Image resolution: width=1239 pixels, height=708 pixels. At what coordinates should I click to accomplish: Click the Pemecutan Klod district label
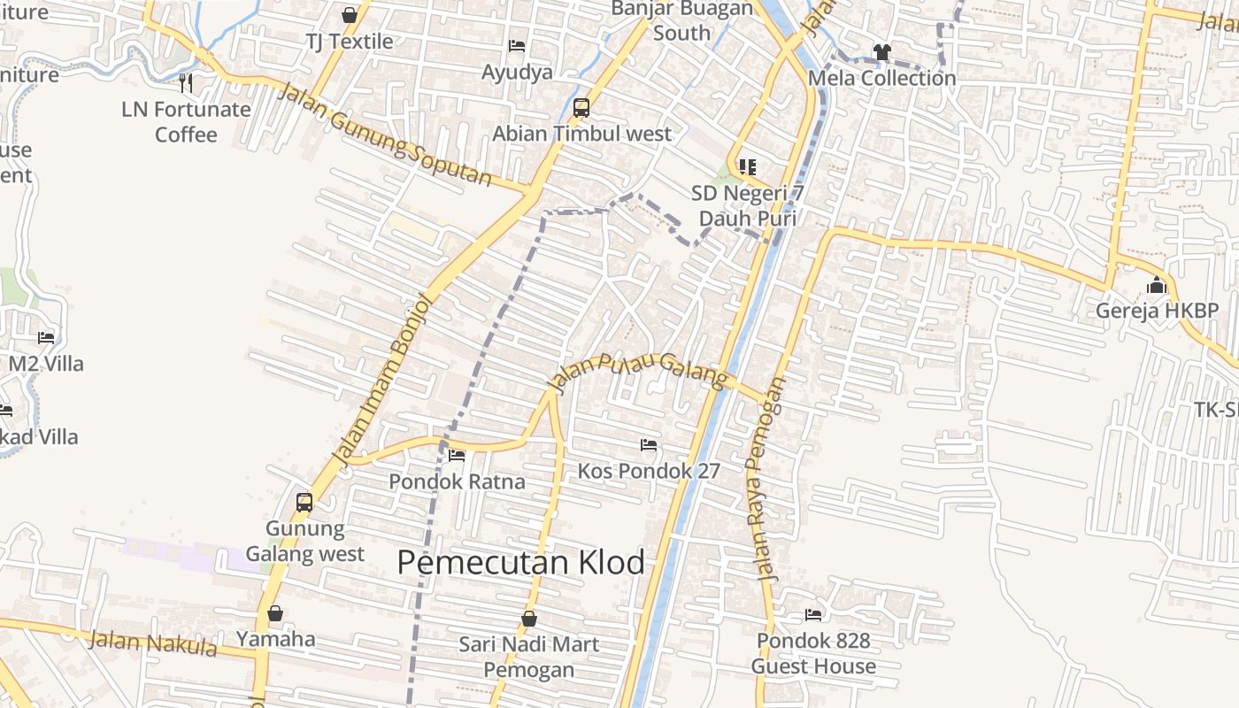520,562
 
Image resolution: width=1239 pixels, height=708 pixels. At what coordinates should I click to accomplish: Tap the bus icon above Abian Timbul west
581,108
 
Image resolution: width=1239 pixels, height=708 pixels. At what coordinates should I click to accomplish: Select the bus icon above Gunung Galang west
304,503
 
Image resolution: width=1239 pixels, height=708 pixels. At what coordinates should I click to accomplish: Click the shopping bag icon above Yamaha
275,612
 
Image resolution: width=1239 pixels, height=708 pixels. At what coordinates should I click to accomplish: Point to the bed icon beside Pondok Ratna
457,456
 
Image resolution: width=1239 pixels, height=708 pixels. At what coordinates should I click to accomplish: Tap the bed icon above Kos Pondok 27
649,444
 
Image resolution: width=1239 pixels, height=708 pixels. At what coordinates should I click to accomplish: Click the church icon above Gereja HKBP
1157,286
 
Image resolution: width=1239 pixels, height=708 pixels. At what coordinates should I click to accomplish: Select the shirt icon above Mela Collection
881,52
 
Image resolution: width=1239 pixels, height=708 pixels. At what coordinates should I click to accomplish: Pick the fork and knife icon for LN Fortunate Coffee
186,83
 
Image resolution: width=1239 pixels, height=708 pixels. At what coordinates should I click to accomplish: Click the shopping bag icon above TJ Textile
350,15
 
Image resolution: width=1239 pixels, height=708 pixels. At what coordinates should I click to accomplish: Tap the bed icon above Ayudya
517,46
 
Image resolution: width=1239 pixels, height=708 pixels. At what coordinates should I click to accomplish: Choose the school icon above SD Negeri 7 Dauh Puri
748,166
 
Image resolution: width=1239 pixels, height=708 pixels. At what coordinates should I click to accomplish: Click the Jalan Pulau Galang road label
638,371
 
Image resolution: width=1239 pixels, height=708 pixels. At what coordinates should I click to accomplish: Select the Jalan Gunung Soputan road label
384,135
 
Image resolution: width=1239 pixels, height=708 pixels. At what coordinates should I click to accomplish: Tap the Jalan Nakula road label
153,643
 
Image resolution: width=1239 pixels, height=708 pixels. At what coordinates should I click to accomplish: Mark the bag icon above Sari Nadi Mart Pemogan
529,618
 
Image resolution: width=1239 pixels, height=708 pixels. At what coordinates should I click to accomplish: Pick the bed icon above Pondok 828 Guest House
813,614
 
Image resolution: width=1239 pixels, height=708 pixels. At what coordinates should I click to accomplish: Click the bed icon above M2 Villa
46,337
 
